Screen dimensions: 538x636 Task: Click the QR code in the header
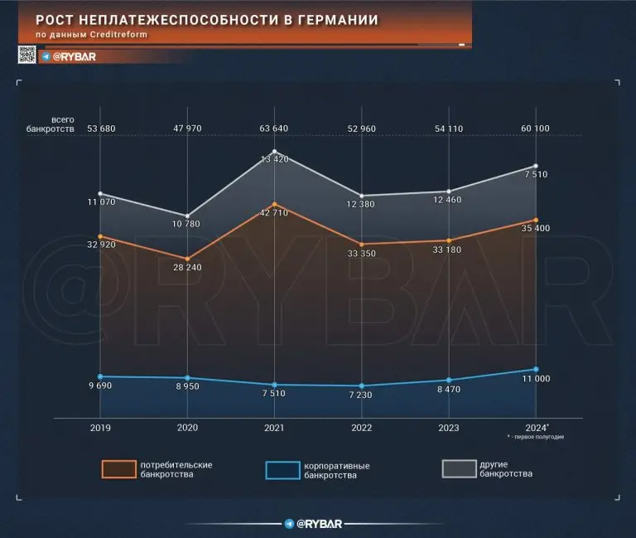click(26, 56)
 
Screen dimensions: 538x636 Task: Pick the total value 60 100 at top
click(534, 128)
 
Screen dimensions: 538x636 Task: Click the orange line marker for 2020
click(187, 259)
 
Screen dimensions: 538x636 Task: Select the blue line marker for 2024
click(536, 369)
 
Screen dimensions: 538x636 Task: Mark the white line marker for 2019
click(99, 194)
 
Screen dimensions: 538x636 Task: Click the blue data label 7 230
click(362, 397)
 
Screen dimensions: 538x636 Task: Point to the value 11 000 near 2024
click(534, 379)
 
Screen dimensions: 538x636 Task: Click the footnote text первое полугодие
click(536, 437)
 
